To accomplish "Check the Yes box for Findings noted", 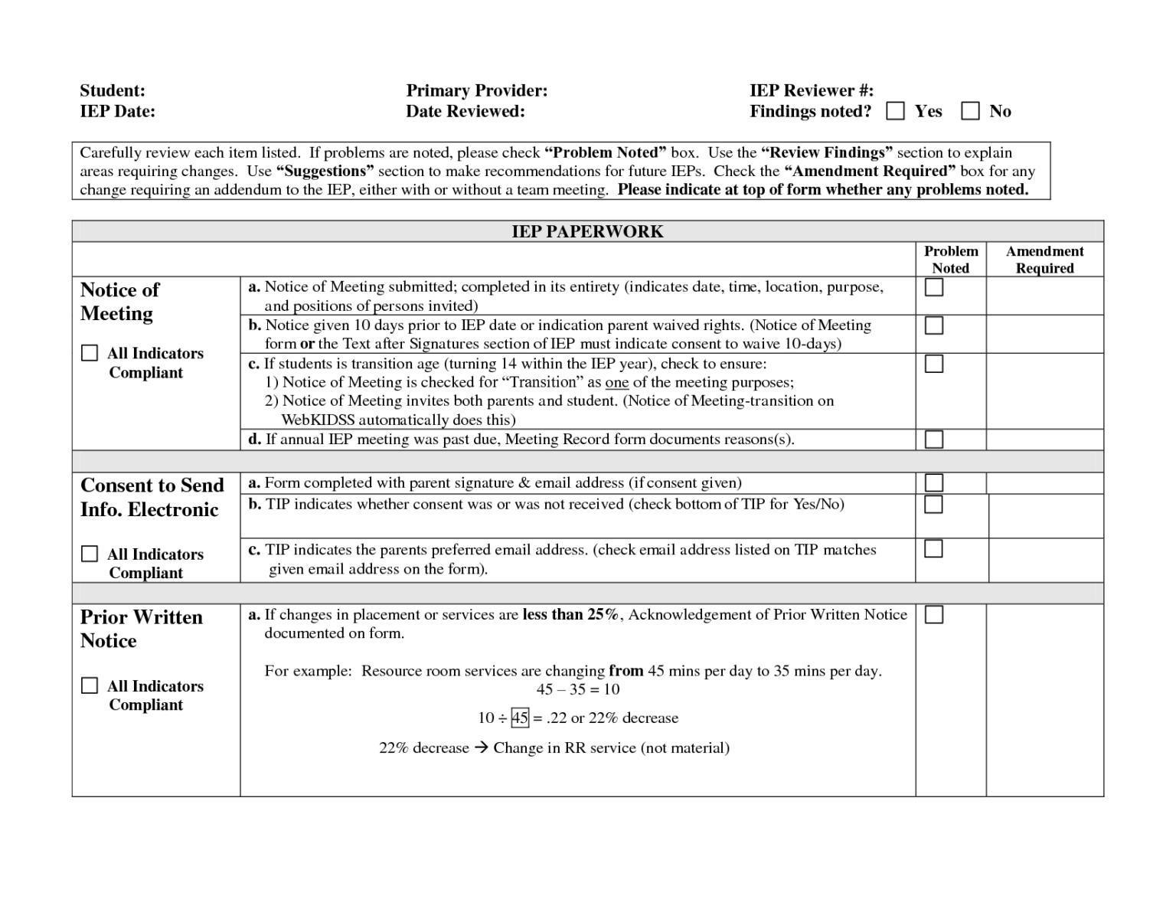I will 894,111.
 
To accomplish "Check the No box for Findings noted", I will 970,111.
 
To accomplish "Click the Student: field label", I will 113,90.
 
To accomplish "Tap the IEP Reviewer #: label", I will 811,90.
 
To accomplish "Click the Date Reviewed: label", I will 465,111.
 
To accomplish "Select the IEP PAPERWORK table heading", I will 587,231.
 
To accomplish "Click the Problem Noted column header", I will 950,260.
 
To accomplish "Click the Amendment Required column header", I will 1044,260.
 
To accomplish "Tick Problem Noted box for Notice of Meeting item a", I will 933,287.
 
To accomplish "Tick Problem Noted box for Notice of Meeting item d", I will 933,439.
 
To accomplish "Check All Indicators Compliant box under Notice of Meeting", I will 90,353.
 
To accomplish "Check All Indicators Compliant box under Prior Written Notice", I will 90,685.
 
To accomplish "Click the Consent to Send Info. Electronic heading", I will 152,497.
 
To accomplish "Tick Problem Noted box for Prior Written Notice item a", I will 933,615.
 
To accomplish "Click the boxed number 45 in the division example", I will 520,718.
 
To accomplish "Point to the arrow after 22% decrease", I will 481,748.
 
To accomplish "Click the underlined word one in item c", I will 616,382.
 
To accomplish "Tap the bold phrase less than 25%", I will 570,614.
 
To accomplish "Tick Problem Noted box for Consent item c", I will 933,549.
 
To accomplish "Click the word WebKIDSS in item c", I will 318,420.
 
